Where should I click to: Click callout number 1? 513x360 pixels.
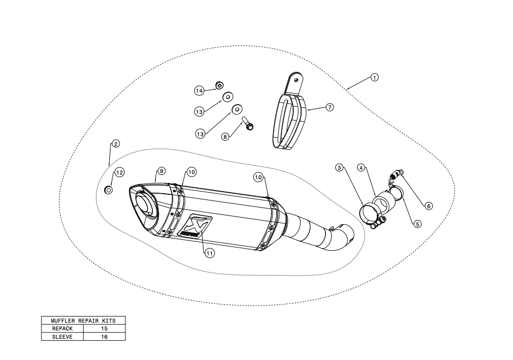(x=374, y=78)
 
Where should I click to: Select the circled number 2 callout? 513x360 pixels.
(x=116, y=143)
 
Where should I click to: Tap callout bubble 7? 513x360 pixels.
(x=330, y=107)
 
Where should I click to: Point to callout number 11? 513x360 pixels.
(x=209, y=253)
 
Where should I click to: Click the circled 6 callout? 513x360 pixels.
(x=429, y=206)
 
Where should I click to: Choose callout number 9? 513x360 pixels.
(x=161, y=171)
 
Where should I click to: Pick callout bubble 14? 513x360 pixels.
(x=199, y=91)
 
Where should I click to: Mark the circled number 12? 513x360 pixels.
(x=119, y=172)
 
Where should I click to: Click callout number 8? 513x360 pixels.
(x=224, y=136)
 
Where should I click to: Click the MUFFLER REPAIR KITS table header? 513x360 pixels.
(x=83, y=321)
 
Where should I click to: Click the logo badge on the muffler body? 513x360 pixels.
(x=190, y=226)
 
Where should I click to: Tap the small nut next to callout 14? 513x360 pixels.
(x=219, y=84)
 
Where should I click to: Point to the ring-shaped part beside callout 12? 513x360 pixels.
(x=109, y=191)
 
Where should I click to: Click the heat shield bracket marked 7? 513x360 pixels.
(x=291, y=117)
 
